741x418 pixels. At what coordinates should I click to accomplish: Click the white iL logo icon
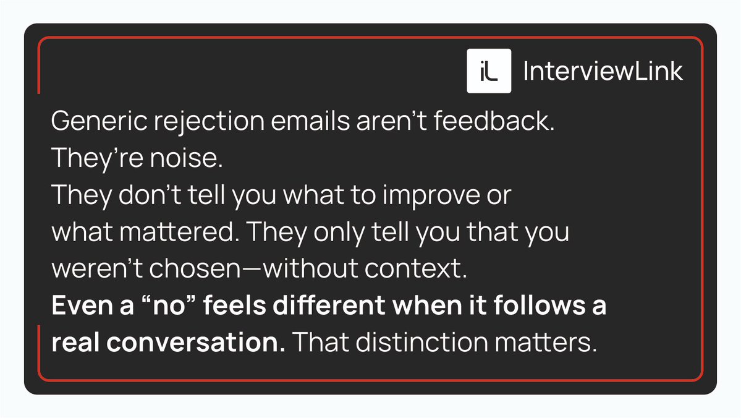(488, 71)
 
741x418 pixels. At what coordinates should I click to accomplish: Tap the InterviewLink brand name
(603, 72)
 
